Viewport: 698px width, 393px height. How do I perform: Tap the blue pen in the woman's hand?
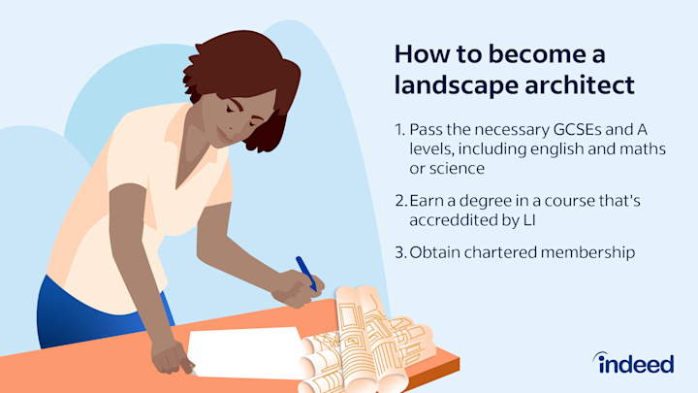click(305, 272)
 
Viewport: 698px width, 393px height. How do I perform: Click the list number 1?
click(399, 129)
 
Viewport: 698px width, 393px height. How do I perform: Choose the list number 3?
click(399, 253)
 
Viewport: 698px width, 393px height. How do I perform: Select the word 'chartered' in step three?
click(505, 253)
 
